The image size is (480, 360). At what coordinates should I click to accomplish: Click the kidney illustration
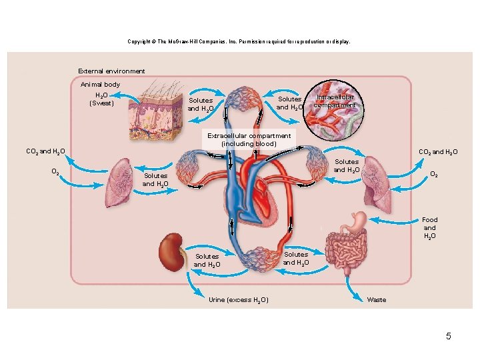click(x=171, y=251)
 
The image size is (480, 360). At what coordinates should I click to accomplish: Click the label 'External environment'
click(x=111, y=71)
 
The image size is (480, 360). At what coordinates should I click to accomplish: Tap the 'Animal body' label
click(x=101, y=85)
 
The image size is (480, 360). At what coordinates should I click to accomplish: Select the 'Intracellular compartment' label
click(x=335, y=101)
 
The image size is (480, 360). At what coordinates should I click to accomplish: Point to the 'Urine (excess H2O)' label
click(x=238, y=300)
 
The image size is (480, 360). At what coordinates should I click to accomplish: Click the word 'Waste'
click(x=377, y=300)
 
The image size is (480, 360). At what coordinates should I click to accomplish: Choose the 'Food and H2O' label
click(x=429, y=228)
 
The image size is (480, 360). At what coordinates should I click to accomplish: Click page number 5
click(x=449, y=336)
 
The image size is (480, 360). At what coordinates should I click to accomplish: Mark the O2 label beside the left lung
click(x=57, y=171)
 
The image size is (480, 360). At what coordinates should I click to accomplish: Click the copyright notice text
click(x=239, y=42)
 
